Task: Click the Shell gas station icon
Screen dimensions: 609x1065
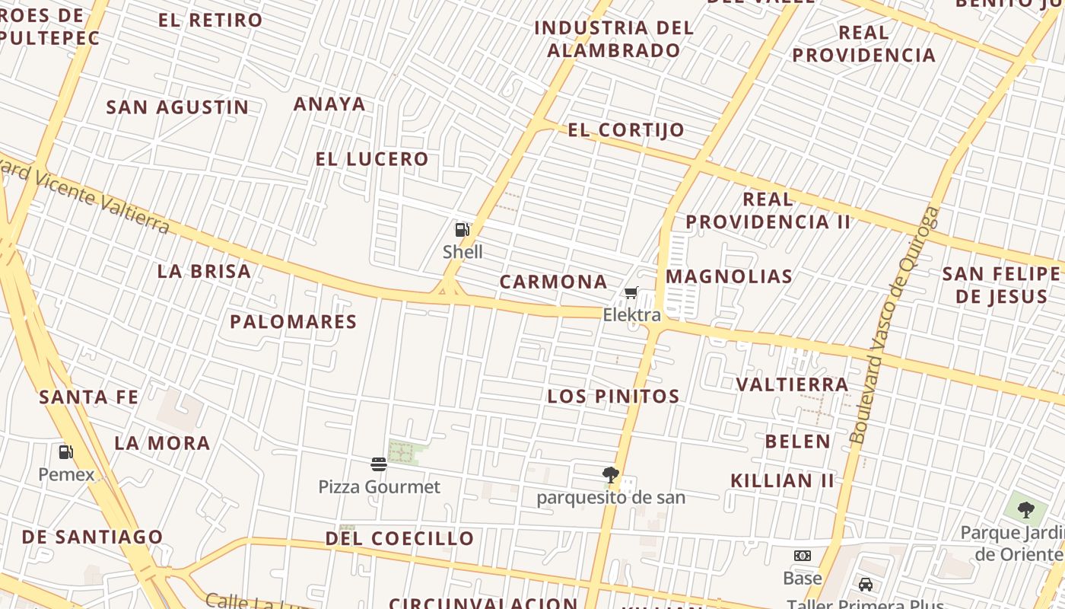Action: (462, 229)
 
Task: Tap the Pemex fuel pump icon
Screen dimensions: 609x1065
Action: (66, 452)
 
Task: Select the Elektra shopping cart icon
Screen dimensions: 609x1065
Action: (631, 293)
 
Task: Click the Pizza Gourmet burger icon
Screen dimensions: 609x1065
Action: (379, 464)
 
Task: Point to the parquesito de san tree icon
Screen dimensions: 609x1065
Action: (610, 476)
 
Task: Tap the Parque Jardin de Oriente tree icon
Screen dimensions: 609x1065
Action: (1025, 510)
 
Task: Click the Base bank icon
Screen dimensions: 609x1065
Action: (803, 556)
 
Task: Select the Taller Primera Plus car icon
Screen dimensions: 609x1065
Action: (865, 585)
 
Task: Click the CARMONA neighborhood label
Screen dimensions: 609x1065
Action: (553, 282)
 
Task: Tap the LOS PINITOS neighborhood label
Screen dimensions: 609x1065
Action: (613, 396)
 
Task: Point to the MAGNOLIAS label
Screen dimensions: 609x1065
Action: (729, 276)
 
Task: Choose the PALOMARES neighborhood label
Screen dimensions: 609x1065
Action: (294, 321)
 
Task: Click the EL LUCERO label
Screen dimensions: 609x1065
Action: (372, 159)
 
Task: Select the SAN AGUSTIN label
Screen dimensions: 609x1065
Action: (177, 107)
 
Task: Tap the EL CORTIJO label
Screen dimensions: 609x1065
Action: (626, 130)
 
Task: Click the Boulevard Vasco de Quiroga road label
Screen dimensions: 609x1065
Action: (894, 326)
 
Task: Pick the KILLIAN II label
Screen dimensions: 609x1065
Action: (782, 480)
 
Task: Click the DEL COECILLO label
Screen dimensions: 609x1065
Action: (399, 538)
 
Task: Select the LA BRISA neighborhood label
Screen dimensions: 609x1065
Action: (204, 271)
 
